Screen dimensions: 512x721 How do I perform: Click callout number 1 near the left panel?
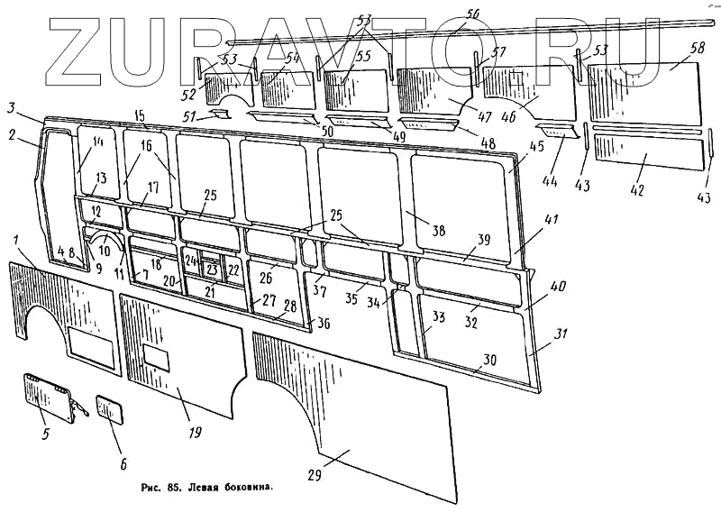[x=17, y=238]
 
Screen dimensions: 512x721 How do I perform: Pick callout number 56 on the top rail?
[x=473, y=12]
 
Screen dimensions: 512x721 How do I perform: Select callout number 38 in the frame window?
[x=438, y=231]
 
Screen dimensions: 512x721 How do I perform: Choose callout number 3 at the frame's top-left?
[x=10, y=108]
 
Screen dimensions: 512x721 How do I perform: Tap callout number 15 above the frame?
[x=139, y=114]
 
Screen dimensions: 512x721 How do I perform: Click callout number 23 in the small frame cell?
[x=211, y=269]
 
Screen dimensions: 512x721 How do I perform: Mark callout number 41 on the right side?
[x=552, y=219]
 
